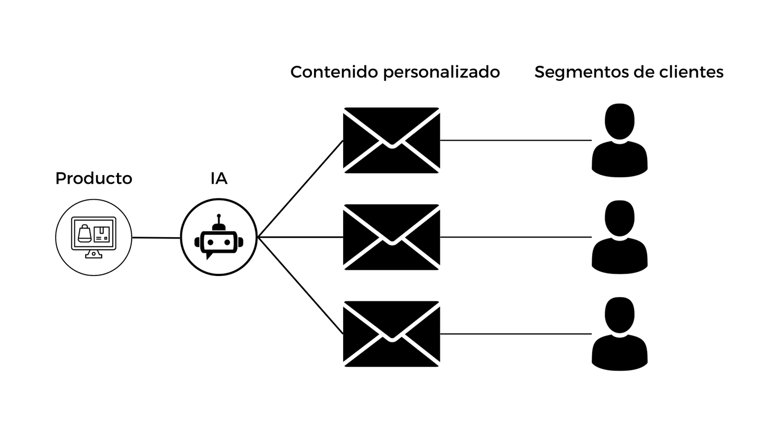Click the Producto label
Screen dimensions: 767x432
(93, 178)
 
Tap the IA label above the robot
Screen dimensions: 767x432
(219, 178)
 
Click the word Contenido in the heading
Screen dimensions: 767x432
(335, 72)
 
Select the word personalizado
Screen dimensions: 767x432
(442, 72)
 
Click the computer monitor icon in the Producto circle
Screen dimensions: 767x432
(93, 237)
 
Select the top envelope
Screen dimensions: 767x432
(392, 140)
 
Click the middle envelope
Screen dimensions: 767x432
(392, 237)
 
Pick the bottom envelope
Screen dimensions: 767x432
(392, 334)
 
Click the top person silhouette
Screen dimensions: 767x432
(620, 140)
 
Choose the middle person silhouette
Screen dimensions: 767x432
(620, 237)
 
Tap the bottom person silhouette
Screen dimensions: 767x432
(620, 334)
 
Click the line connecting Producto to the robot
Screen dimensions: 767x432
(156, 238)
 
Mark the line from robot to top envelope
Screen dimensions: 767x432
(300, 189)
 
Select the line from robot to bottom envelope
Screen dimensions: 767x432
(300, 285)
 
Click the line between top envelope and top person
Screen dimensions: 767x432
(516, 140)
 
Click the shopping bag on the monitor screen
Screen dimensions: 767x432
(84, 233)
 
